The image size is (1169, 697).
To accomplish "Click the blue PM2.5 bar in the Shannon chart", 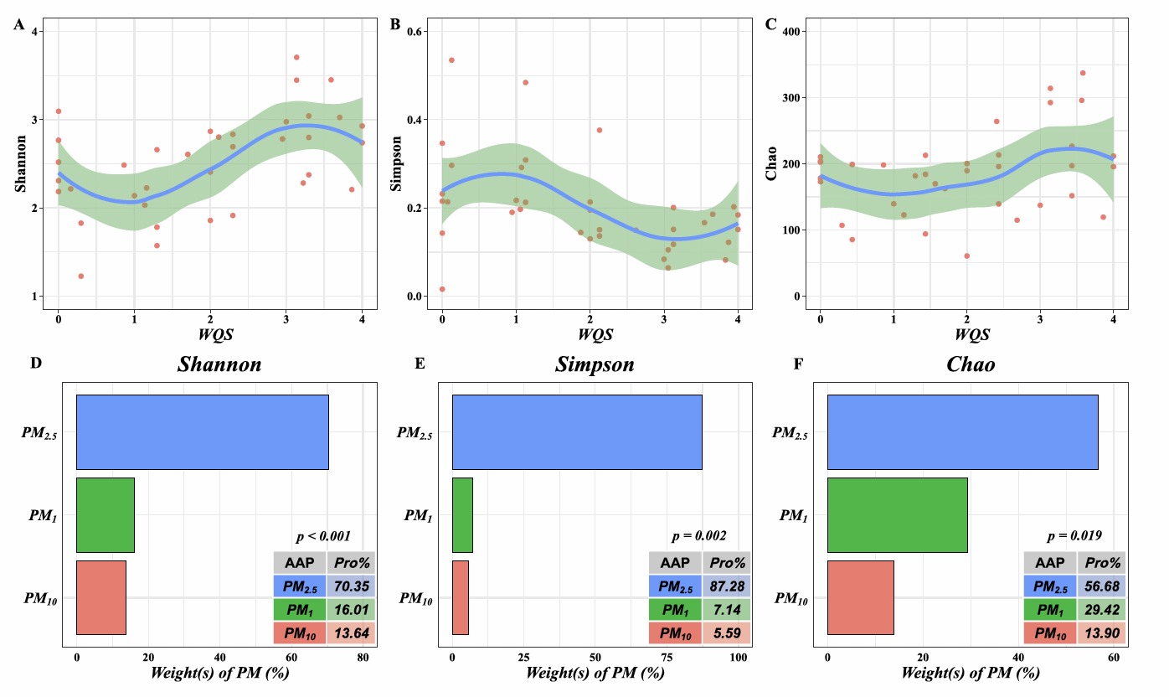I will tap(202, 432).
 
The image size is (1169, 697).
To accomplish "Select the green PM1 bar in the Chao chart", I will tap(897, 514).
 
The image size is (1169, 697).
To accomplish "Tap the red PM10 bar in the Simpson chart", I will tap(460, 597).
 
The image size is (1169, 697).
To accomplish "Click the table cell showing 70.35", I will tap(350, 586).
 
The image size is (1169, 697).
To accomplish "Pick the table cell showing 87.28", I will tap(726, 586).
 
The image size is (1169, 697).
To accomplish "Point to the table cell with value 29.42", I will tap(1102, 610).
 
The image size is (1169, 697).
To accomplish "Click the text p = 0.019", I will tap(1074, 535).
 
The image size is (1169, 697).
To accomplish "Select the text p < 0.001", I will tap(323, 535).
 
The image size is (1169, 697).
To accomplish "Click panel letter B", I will tap(395, 24).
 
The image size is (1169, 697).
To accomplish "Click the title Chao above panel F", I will tap(970, 364).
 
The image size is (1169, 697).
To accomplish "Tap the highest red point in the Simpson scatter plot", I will tap(451, 60).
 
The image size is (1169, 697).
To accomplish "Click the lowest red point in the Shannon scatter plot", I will tap(81, 276).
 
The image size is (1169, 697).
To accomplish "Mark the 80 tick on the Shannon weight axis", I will tap(363, 658).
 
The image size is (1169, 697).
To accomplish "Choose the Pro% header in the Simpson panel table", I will tap(726, 563).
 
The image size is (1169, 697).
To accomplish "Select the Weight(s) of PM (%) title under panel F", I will tap(971, 673).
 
